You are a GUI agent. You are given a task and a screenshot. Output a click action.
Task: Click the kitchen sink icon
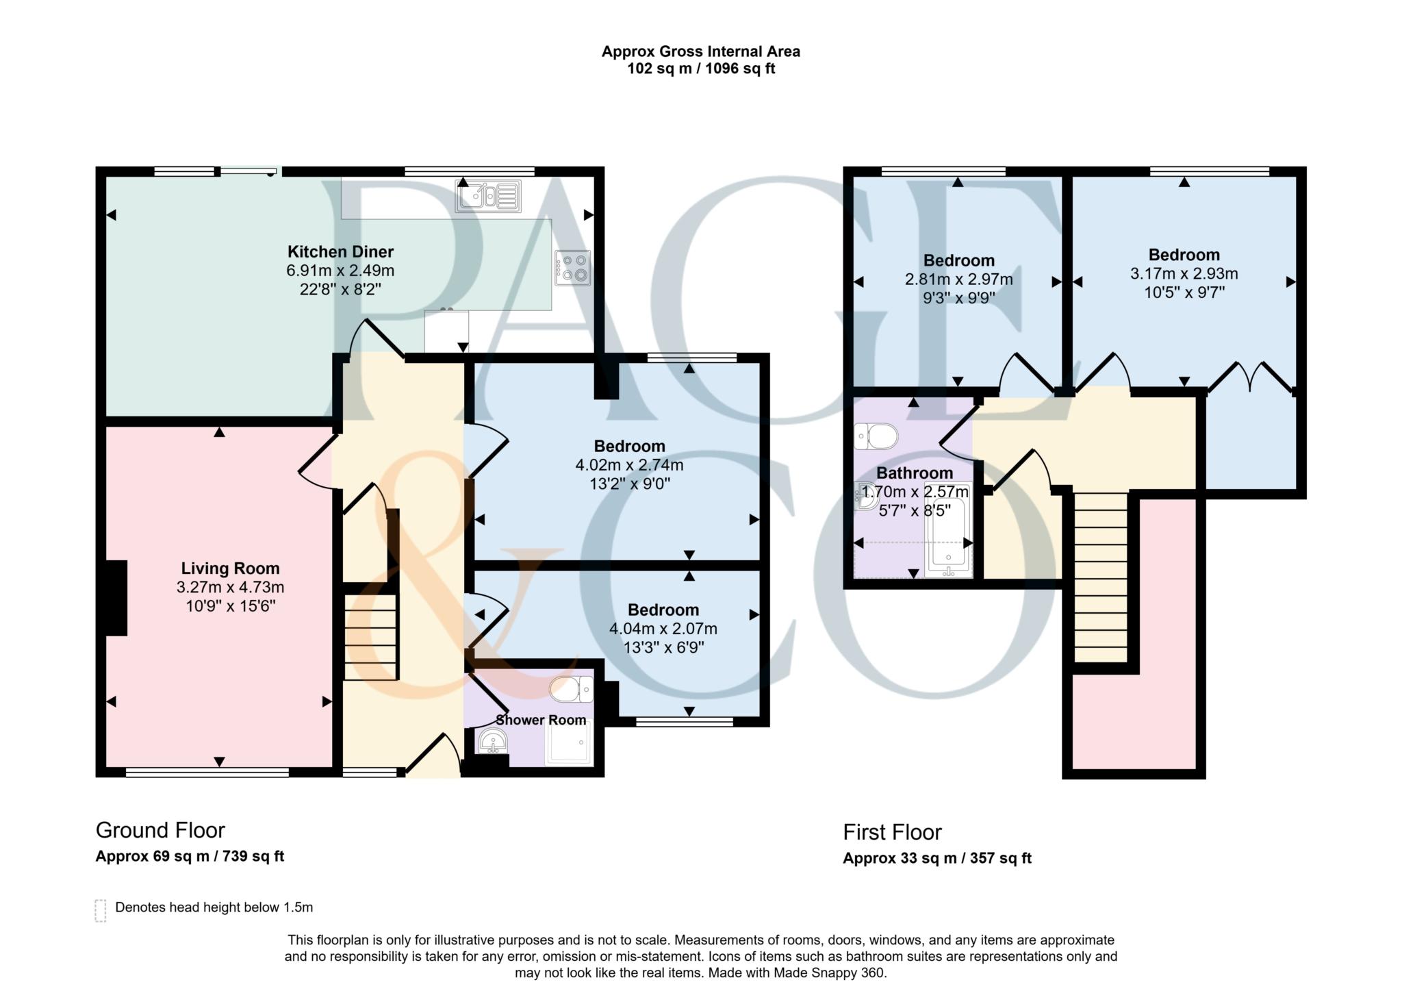tap(488, 196)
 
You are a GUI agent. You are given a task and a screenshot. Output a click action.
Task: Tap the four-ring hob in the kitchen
tap(572, 268)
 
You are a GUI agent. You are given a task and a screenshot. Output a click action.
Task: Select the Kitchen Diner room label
tap(340, 251)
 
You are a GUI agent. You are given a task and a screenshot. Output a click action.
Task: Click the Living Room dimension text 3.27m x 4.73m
tap(230, 587)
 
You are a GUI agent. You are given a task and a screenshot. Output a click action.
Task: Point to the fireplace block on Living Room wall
tap(116, 598)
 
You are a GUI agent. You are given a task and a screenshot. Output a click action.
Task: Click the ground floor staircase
tap(370, 637)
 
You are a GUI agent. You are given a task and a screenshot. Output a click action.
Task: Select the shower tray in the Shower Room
tap(568, 742)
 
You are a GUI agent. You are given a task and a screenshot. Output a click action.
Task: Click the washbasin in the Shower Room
tap(492, 742)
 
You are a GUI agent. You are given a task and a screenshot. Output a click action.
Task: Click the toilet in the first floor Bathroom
tap(876, 436)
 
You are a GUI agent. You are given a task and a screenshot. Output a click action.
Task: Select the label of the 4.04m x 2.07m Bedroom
tap(663, 610)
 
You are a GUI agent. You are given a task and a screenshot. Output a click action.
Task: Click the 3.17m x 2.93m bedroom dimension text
tap(1184, 274)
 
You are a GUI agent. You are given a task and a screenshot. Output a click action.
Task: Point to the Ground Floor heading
tap(160, 830)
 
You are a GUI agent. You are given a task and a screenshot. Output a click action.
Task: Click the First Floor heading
tap(892, 832)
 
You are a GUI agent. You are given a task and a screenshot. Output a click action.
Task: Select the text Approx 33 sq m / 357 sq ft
tap(936, 858)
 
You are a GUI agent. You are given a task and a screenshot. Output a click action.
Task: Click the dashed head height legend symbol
tap(101, 910)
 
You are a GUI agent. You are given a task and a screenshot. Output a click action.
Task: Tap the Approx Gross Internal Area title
tap(700, 51)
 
